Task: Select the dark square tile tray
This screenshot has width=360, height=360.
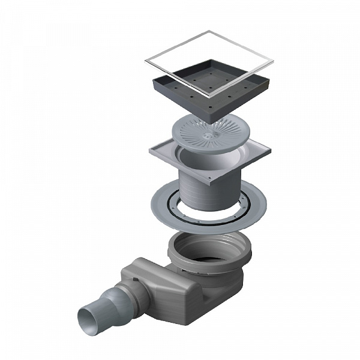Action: (198, 96)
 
